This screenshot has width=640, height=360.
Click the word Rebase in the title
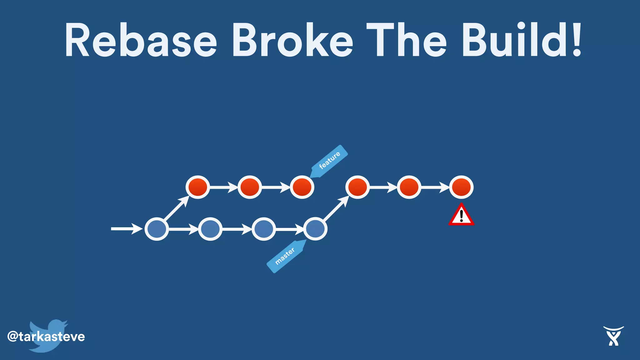point(141,41)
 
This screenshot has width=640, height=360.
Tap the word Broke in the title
point(292,41)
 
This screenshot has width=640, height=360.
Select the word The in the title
point(406,41)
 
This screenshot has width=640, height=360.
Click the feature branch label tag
point(330,161)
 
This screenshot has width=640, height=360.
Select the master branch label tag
point(285,256)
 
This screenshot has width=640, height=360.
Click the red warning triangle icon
point(461,215)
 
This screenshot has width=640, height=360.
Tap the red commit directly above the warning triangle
point(461,187)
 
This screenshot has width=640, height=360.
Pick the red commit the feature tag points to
point(302,187)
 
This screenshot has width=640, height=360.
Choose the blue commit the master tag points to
point(315,229)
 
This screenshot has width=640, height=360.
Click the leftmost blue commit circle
point(157,229)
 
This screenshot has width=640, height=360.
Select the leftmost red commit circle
point(197,187)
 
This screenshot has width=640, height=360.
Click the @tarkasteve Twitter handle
point(46,337)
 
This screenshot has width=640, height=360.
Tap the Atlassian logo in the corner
point(613,336)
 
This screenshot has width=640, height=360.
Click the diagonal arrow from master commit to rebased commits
point(336,208)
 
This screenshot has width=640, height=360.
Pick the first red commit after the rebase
point(357,187)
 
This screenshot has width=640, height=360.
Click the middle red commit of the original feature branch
point(250,187)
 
